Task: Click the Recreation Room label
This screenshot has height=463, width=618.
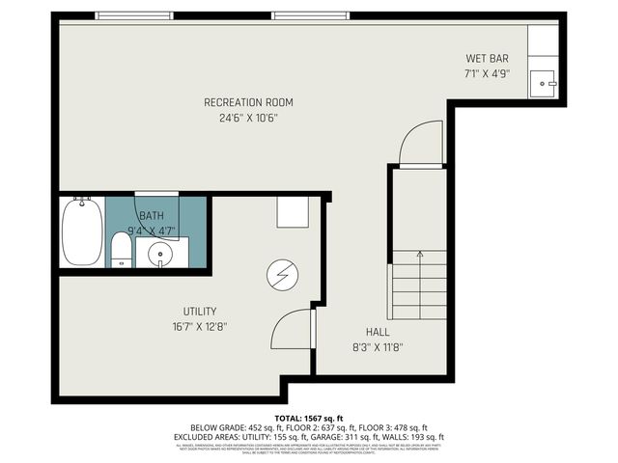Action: click(x=248, y=102)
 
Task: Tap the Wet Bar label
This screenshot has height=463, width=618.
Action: click(x=487, y=58)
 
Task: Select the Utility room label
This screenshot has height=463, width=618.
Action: click(x=200, y=311)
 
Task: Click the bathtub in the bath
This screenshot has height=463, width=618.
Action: click(x=82, y=231)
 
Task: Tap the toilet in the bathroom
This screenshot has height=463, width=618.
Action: click(x=121, y=249)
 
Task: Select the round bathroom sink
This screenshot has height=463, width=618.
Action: click(x=155, y=253)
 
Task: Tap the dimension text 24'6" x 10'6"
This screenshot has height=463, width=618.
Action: click(x=248, y=120)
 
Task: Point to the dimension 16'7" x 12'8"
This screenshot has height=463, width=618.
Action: click(x=200, y=327)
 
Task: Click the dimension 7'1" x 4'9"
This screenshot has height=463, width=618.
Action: click(x=487, y=73)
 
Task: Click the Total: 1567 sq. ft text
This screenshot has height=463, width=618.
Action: click(x=309, y=417)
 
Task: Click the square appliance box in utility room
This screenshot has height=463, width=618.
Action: click(x=293, y=212)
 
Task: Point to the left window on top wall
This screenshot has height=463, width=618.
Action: click(x=128, y=15)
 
